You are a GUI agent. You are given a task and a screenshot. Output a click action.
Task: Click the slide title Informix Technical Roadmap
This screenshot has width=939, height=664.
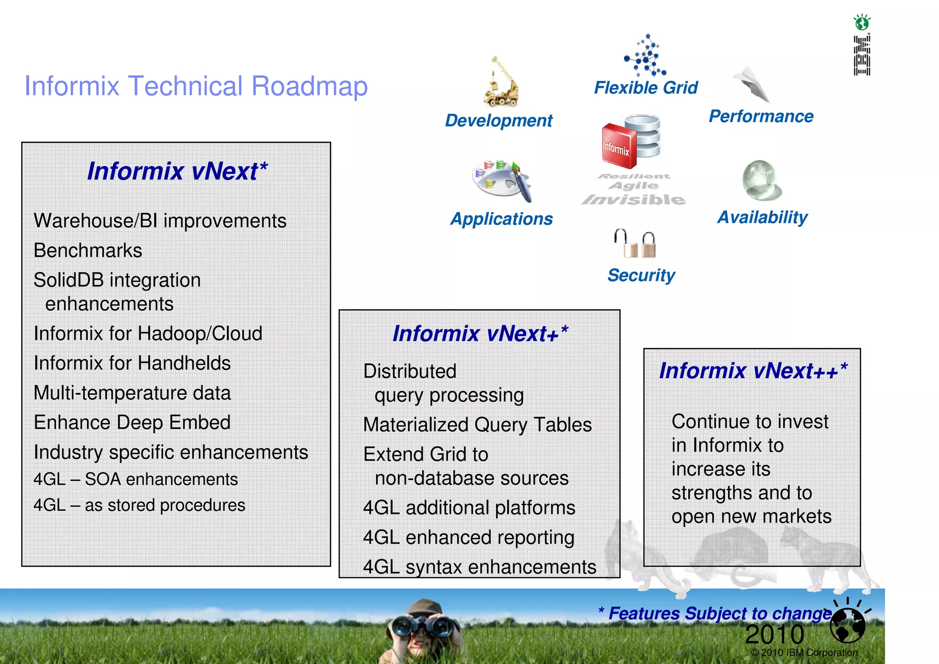196,86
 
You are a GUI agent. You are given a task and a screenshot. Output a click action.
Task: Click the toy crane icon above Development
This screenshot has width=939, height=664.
501,83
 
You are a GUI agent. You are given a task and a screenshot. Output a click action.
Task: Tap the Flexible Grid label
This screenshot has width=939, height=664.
646,88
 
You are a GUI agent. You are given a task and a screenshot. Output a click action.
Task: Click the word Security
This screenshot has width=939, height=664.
641,275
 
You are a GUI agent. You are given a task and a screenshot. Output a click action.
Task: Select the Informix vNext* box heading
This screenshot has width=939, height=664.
177,171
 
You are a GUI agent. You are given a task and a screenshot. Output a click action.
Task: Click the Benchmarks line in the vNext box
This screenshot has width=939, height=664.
88,251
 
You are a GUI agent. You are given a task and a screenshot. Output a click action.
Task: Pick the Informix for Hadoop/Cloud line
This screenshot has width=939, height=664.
148,334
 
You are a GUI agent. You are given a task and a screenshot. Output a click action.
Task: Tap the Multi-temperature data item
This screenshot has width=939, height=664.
132,393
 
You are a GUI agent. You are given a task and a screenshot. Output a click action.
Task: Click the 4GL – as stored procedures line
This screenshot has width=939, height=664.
139,505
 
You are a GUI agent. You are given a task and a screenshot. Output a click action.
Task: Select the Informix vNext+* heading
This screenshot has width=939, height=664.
480,334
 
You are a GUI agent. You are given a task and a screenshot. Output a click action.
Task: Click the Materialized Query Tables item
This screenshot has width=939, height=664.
477,425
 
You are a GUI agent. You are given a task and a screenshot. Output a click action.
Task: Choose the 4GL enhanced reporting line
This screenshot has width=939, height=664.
469,537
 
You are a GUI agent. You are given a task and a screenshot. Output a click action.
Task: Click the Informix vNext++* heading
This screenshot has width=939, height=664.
753,371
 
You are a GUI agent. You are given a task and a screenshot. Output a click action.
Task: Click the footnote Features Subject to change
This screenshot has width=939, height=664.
715,614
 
